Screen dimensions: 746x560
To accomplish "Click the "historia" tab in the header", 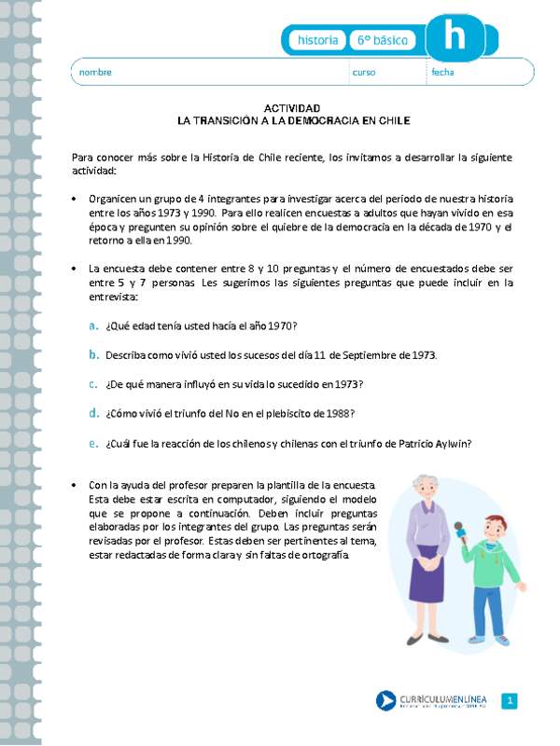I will (317, 41).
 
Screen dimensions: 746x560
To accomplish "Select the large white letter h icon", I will (455, 37).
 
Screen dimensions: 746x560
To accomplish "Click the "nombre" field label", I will (95, 72).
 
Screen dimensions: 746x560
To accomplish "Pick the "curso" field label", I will (363, 72).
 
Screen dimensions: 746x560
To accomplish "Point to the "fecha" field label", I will (442, 72).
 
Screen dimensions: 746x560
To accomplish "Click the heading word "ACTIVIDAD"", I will (293, 108).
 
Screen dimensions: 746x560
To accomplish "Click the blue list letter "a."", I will (93, 325).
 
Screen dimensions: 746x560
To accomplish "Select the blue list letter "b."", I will (93, 354).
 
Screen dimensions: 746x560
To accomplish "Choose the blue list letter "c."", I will (93, 383).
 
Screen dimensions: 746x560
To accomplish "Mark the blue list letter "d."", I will (93, 412).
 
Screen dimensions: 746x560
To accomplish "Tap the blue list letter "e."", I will (93, 443).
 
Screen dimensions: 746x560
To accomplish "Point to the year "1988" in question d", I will (341, 414).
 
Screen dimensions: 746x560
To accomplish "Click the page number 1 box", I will (510, 701).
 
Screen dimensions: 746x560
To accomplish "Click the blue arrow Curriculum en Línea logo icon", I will (385, 701).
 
